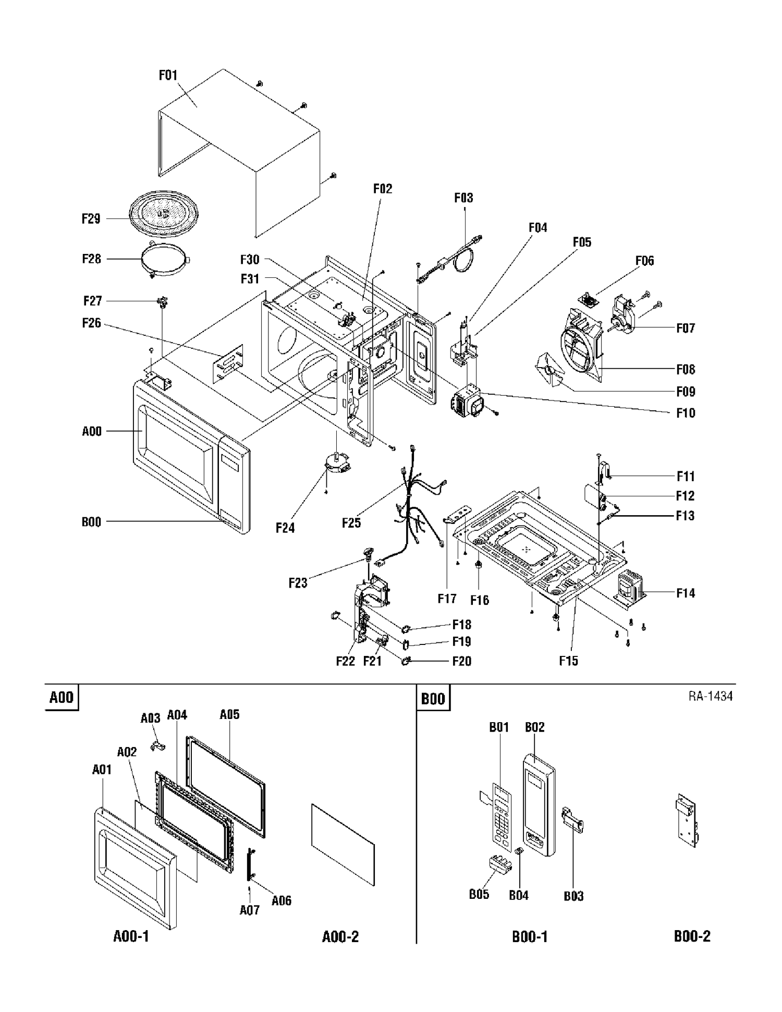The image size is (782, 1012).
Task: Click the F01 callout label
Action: (x=168, y=76)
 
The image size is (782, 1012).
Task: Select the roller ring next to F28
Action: (x=166, y=260)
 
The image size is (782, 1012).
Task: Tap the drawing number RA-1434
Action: (x=711, y=696)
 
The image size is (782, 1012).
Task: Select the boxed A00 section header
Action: (x=62, y=698)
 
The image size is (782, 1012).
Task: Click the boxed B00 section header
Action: (x=433, y=698)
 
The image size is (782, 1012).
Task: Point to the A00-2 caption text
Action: (x=340, y=937)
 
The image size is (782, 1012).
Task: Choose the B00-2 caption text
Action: (x=692, y=936)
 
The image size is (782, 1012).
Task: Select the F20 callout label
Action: (x=461, y=661)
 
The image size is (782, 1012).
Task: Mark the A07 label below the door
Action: (x=250, y=910)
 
